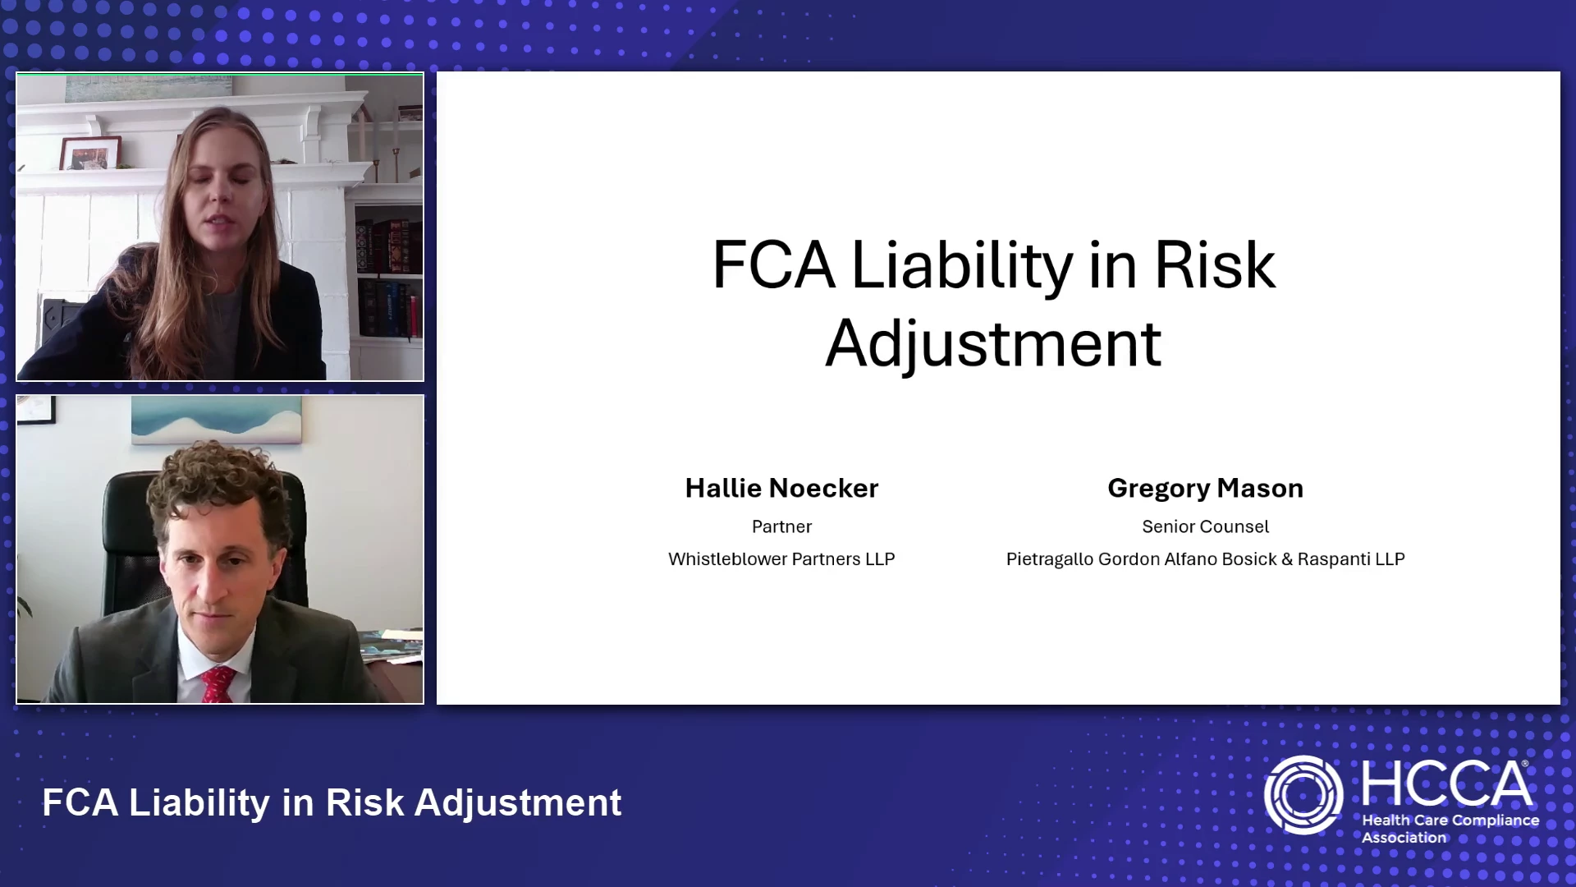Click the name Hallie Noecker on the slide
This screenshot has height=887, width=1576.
click(x=781, y=488)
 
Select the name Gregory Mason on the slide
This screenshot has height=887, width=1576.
click(x=1205, y=488)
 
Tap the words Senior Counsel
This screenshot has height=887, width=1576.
click(x=1205, y=526)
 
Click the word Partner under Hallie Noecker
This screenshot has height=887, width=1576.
click(x=781, y=526)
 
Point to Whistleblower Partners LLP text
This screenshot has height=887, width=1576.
click(x=781, y=558)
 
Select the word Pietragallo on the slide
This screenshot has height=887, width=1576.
click(x=1049, y=559)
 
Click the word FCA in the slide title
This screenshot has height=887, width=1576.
click(x=773, y=265)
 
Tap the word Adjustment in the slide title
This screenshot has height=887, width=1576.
click(x=993, y=343)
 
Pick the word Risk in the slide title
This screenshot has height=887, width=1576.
click(x=1215, y=265)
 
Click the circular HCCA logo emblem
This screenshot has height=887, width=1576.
click(x=1303, y=795)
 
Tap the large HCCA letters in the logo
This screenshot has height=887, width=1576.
click(x=1446, y=784)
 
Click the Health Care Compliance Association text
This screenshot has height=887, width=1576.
click(x=1450, y=829)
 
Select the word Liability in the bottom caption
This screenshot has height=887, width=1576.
click(x=199, y=803)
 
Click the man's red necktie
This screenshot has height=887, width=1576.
click(x=218, y=684)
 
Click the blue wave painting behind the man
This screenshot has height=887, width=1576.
click(x=217, y=420)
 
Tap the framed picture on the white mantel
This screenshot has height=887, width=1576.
click(x=89, y=153)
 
